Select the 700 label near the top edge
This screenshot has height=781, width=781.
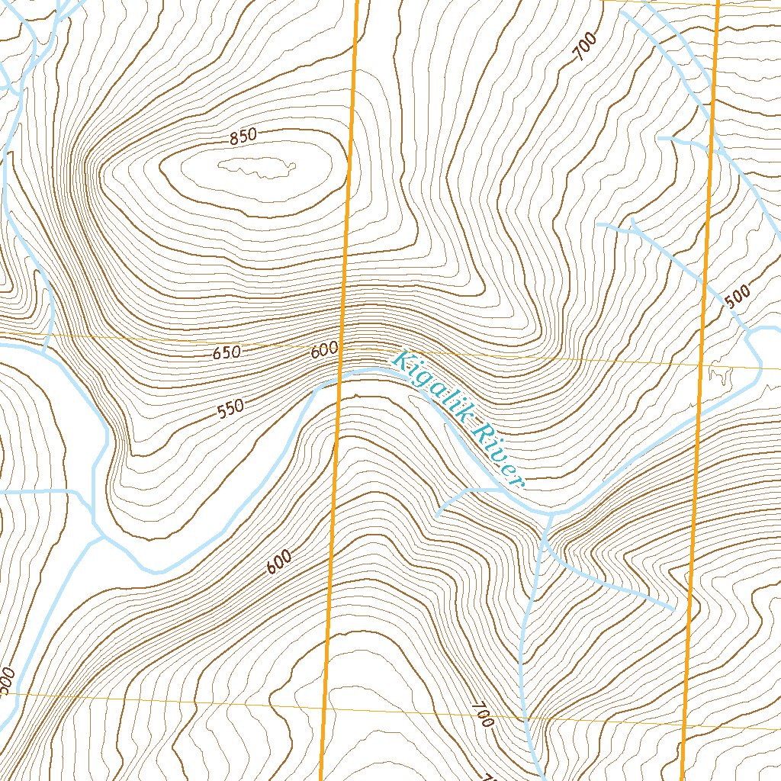click(x=585, y=50)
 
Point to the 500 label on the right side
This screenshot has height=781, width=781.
click(x=738, y=296)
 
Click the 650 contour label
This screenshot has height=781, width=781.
click(x=227, y=353)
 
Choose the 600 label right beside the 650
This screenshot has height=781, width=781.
click(x=324, y=351)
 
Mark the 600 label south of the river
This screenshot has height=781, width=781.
click(x=279, y=563)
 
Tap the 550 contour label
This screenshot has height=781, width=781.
click(x=230, y=410)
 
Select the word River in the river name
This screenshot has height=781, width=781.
click(x=497, y=455)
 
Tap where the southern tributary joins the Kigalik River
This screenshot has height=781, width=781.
click(x=551, y=514)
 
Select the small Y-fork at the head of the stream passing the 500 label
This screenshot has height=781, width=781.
click(x=632, y=227)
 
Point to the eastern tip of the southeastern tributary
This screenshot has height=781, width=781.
click(x=672, y=609)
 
